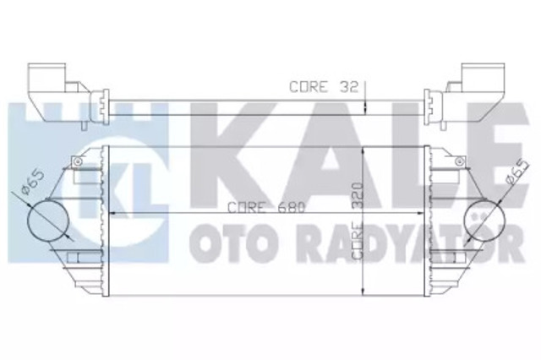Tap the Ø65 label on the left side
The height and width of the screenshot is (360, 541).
click(x=35, y=183)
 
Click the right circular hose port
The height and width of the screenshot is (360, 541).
click(x=489, y=221)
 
